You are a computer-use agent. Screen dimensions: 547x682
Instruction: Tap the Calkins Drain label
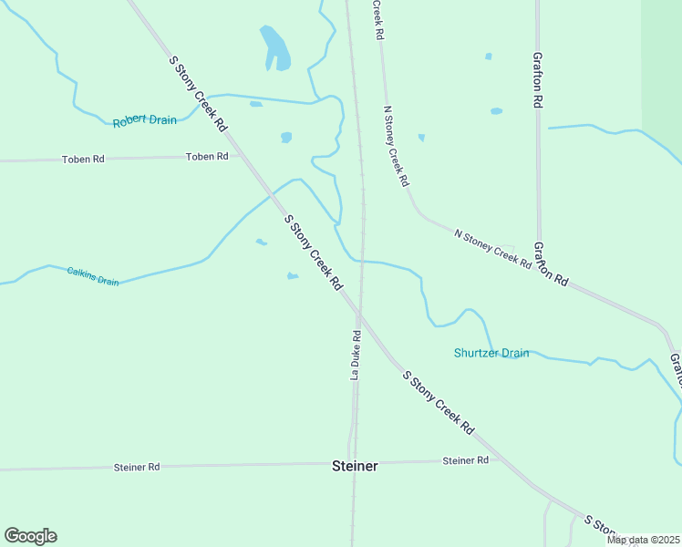[x=93, y=276]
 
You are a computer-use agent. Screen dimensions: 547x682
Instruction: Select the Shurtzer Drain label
[x=491, y=353]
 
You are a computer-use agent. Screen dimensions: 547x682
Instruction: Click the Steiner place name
[x=354, y=466]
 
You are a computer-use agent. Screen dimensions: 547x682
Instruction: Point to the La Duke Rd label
[x=356, y=356]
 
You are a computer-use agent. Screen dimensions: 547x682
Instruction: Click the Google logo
[x=30, y=536]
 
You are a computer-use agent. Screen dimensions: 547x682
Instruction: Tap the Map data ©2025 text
[x=643, y=540]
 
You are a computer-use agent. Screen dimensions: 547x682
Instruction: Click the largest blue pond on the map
[x=275, y=48]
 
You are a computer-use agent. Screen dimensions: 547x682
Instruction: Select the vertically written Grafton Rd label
[x=539, y=79]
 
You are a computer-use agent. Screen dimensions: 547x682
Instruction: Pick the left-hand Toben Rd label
[x=83, y=159]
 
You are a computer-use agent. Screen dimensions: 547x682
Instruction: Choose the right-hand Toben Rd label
[x=207, y=157]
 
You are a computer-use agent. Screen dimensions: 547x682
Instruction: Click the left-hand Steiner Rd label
[x=137, y=467]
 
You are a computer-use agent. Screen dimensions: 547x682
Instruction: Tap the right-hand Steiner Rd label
[x=465, y=460]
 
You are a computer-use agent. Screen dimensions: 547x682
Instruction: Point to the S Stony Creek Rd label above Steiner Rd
[x=439, y=402]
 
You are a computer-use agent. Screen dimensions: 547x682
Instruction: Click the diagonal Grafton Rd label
[x=551, y=264]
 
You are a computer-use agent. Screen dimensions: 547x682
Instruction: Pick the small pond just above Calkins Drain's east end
[x=292, y=276]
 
